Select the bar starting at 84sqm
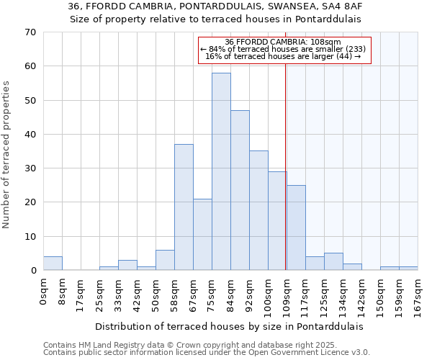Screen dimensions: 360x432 coord(240,190)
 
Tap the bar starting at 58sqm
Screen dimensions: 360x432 coord(184,207)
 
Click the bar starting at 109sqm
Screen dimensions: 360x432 coord(296,228)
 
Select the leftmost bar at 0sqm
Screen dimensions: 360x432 coord(53,264)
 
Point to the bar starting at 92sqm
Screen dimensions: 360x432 coord(258,210)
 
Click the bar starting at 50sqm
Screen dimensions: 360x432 coord(165,260)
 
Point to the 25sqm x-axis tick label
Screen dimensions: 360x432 coord(99,294)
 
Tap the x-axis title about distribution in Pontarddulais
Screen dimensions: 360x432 coord(229,326)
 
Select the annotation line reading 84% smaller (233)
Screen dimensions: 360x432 coord(283,49)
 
